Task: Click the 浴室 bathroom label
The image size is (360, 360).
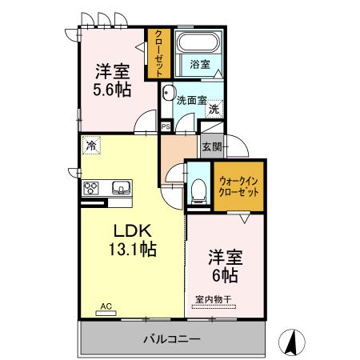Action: point(200,64)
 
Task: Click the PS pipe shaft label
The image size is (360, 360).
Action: point(166,126)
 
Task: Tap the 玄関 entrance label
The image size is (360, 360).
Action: point(211,146)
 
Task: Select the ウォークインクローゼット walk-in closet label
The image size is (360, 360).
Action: point(239,186)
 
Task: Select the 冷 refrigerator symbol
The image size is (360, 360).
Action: point(91,146)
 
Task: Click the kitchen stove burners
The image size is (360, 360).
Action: point(92,189)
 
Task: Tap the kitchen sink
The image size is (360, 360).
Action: point(121,188)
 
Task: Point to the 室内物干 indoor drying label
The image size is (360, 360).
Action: point(213,301)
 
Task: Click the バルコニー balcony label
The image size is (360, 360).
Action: point(173,339)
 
